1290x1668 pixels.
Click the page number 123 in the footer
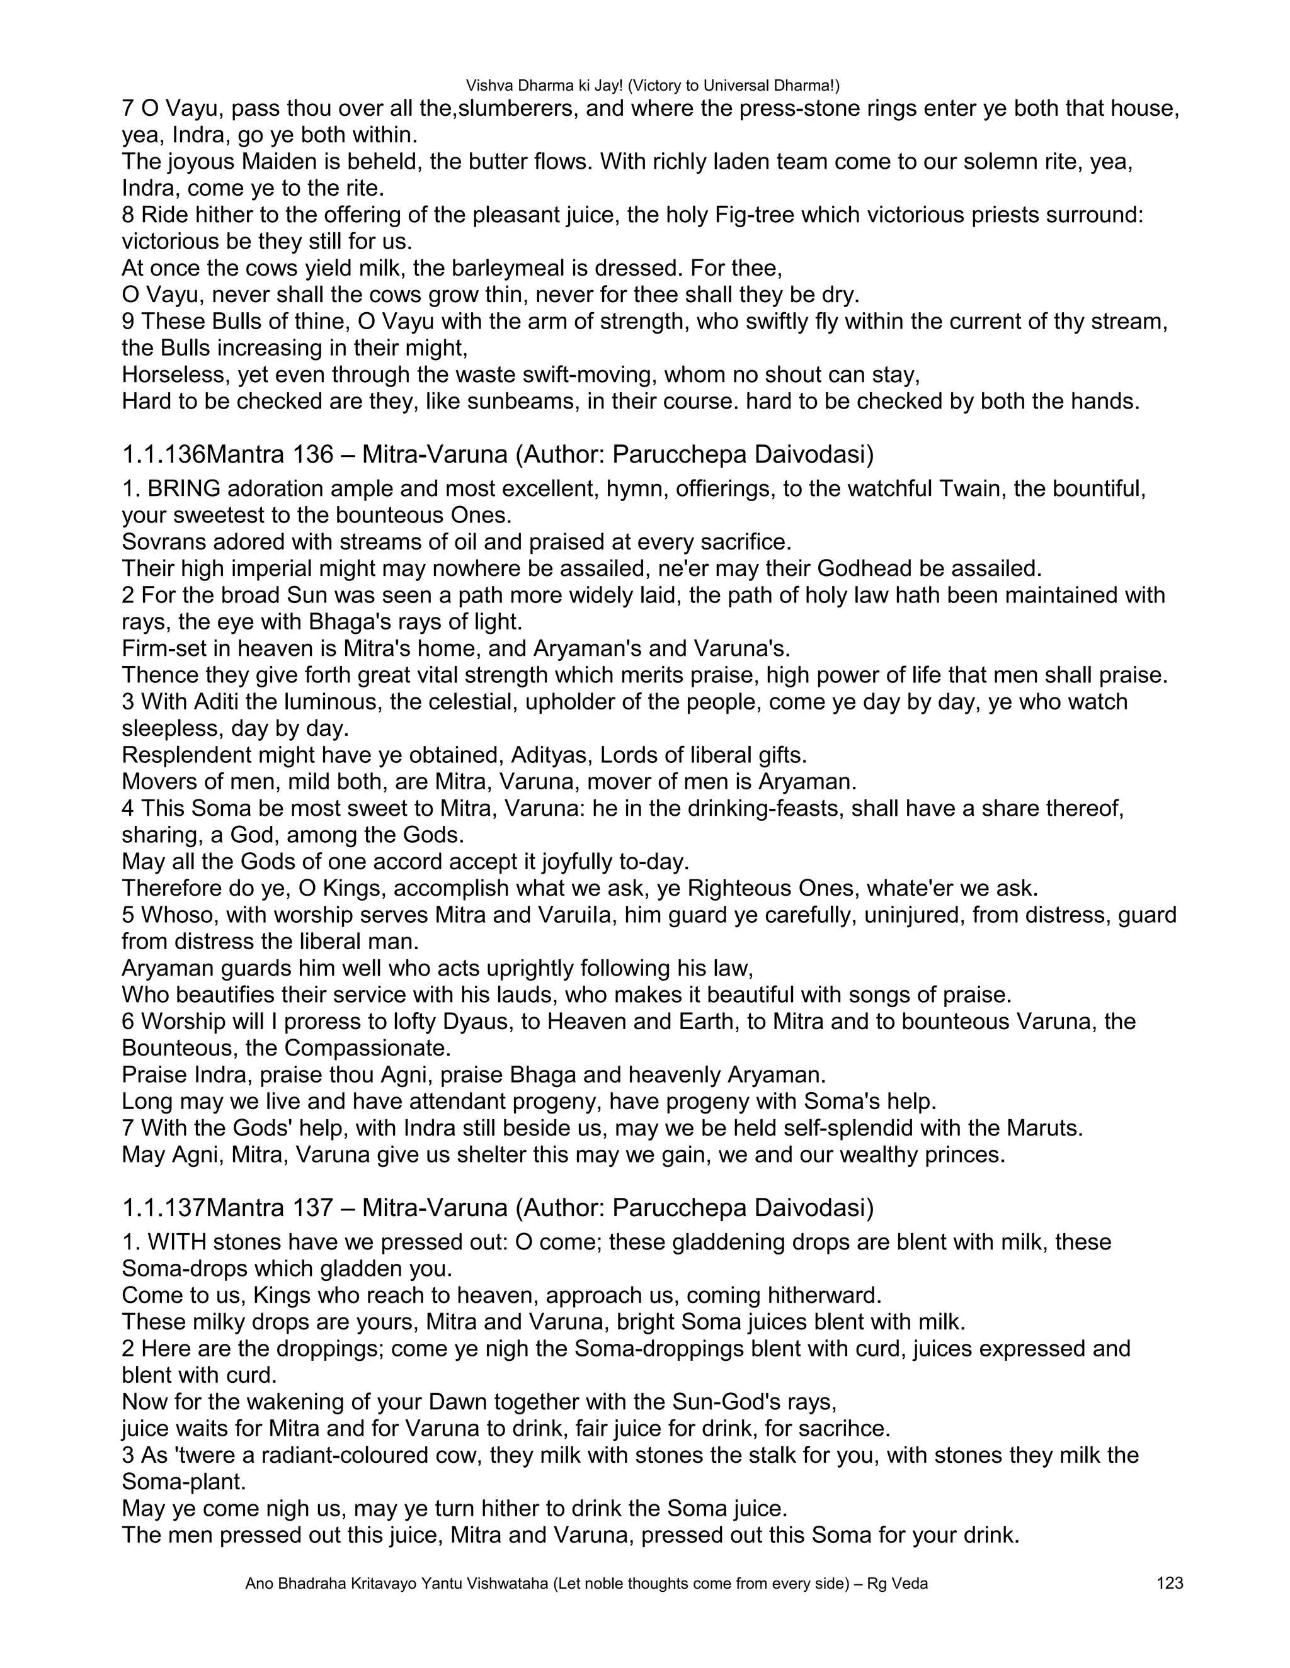(1170, 1583)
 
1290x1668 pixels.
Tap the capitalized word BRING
(184, 488)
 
